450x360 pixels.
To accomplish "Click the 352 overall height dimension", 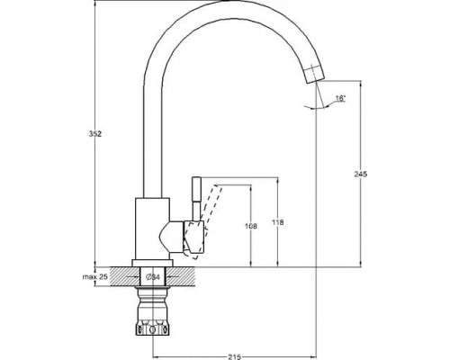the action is (95, 134).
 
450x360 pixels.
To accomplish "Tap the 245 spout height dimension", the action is (361, 174).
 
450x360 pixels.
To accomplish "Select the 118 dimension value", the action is (278, 222).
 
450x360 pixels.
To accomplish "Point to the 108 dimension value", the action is (251, 226).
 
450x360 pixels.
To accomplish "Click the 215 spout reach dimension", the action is (234, 357).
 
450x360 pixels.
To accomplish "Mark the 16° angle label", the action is (340, 98).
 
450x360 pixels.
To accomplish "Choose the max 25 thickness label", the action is (95, 276).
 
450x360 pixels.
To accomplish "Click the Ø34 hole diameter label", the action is (152, 277).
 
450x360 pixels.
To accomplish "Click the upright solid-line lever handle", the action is (196, 200).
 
